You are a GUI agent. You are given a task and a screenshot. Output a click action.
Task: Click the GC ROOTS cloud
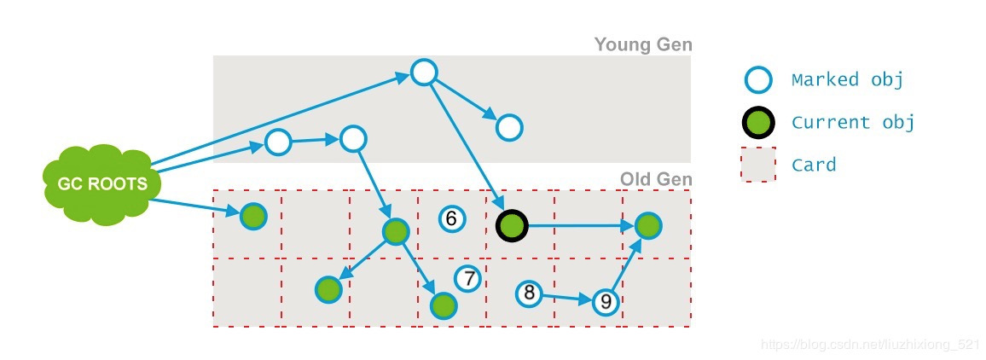(101, 183)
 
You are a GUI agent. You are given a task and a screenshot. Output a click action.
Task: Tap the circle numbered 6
(452, 219)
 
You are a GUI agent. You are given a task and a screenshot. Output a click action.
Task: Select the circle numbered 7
(468, 278)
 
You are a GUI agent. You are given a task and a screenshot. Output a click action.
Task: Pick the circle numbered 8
(530, 294)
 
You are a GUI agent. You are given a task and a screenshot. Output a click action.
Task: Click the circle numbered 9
(606, 301)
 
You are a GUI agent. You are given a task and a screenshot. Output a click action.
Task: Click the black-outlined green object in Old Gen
(512, 225)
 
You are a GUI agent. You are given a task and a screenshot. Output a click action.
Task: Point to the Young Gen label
(642, 44)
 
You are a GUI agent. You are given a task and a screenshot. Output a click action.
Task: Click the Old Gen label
(655, 179)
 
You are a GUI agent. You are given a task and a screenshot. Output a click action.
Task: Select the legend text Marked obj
(846, 80)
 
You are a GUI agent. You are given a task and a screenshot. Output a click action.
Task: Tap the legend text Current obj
(852, 122)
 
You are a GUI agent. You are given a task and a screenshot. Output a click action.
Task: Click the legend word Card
(813, 164)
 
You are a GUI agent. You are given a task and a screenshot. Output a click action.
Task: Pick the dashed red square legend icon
(758, 164)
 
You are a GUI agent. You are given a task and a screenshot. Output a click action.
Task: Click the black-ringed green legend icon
(757, 123)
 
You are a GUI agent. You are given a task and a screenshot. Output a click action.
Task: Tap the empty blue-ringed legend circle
(757, 80)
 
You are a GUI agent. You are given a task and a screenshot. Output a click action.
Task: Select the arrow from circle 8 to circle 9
(566, 298)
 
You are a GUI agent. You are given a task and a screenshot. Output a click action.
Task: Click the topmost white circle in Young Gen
(424, 73)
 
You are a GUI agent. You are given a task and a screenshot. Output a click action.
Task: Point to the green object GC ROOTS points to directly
(253, 217)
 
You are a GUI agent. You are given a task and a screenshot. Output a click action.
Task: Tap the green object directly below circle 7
(444, 305)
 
